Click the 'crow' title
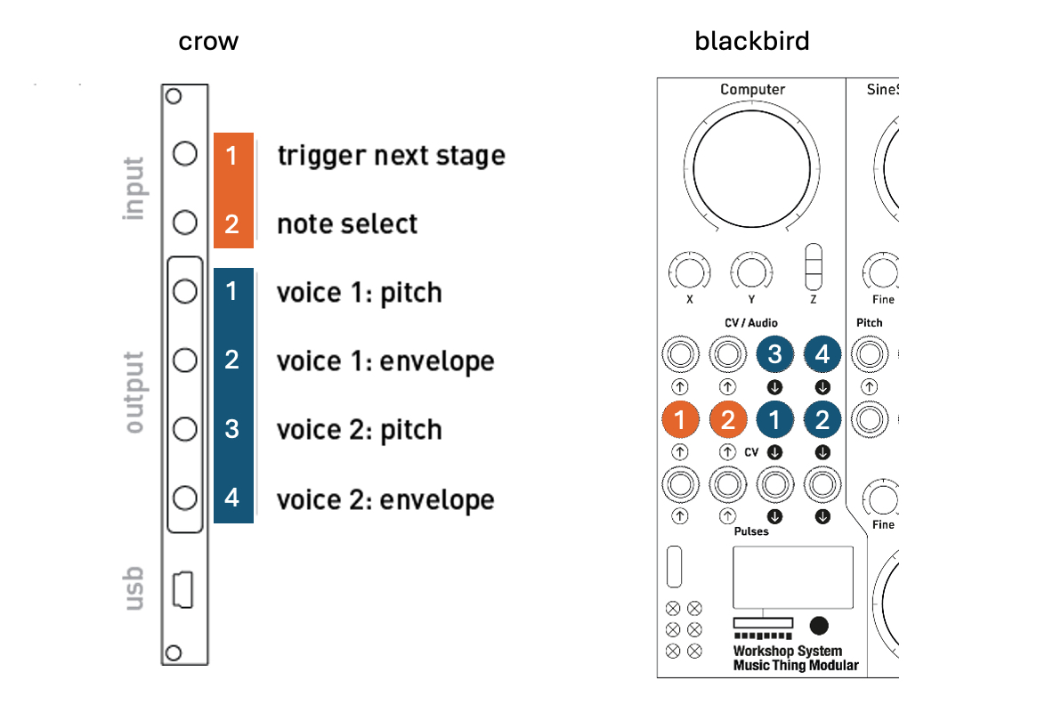pos(208,41)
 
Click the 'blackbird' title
pos(752,41)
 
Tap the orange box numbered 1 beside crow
pos(232,156)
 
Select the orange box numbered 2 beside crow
pos(232,223)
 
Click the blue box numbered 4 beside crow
pos(232,497)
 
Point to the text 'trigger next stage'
pos(391,156)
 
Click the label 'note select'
pos(347,223)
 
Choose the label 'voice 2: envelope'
pos(385,499)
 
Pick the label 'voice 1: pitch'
pos(360,293)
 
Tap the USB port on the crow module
pos(182,589)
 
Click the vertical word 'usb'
pos(134,588)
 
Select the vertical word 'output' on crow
pos(134,393)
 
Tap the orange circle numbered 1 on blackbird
pos(681,420)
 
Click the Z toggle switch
pos(814,265)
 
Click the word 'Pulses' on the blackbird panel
pos(752,531)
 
